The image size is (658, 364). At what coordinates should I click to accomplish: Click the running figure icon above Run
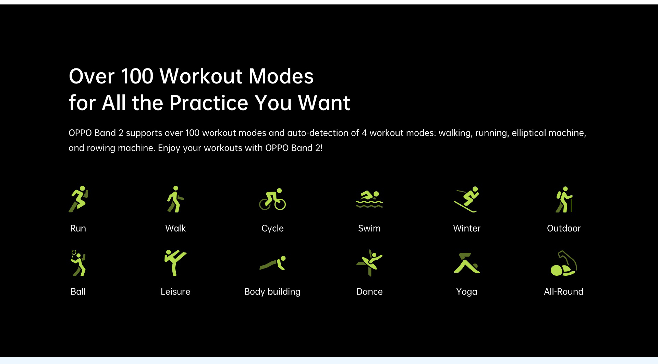tap(78, 199)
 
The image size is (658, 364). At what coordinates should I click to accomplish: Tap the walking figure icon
tap(175, 199)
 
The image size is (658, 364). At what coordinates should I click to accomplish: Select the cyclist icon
tap(272, 199)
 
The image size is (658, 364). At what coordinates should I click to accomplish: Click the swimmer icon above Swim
tap(369, 199)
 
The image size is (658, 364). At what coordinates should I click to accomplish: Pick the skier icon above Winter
tap(466, 199)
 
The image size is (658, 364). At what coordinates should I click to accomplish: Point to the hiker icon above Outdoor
tap(564, 199)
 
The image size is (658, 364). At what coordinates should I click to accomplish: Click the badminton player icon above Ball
tap(78, 263)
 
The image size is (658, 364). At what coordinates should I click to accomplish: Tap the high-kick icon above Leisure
tap(175, 262)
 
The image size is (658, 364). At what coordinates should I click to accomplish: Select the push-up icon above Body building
tap(272, 263)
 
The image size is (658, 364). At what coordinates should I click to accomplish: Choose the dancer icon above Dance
tap(369, 263)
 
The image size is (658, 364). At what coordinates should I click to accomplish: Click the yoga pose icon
tap(466, 263)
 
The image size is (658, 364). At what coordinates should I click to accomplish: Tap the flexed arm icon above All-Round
tap(564, 263)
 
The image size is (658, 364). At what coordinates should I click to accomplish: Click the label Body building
tap(272, 292)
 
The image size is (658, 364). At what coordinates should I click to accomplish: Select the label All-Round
tap(564, 291)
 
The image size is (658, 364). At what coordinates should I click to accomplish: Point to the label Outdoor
tap(564, 228)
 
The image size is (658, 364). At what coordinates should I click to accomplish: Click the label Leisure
tap(175, 291)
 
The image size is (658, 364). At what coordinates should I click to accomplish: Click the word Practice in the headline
tap(208, 103)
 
